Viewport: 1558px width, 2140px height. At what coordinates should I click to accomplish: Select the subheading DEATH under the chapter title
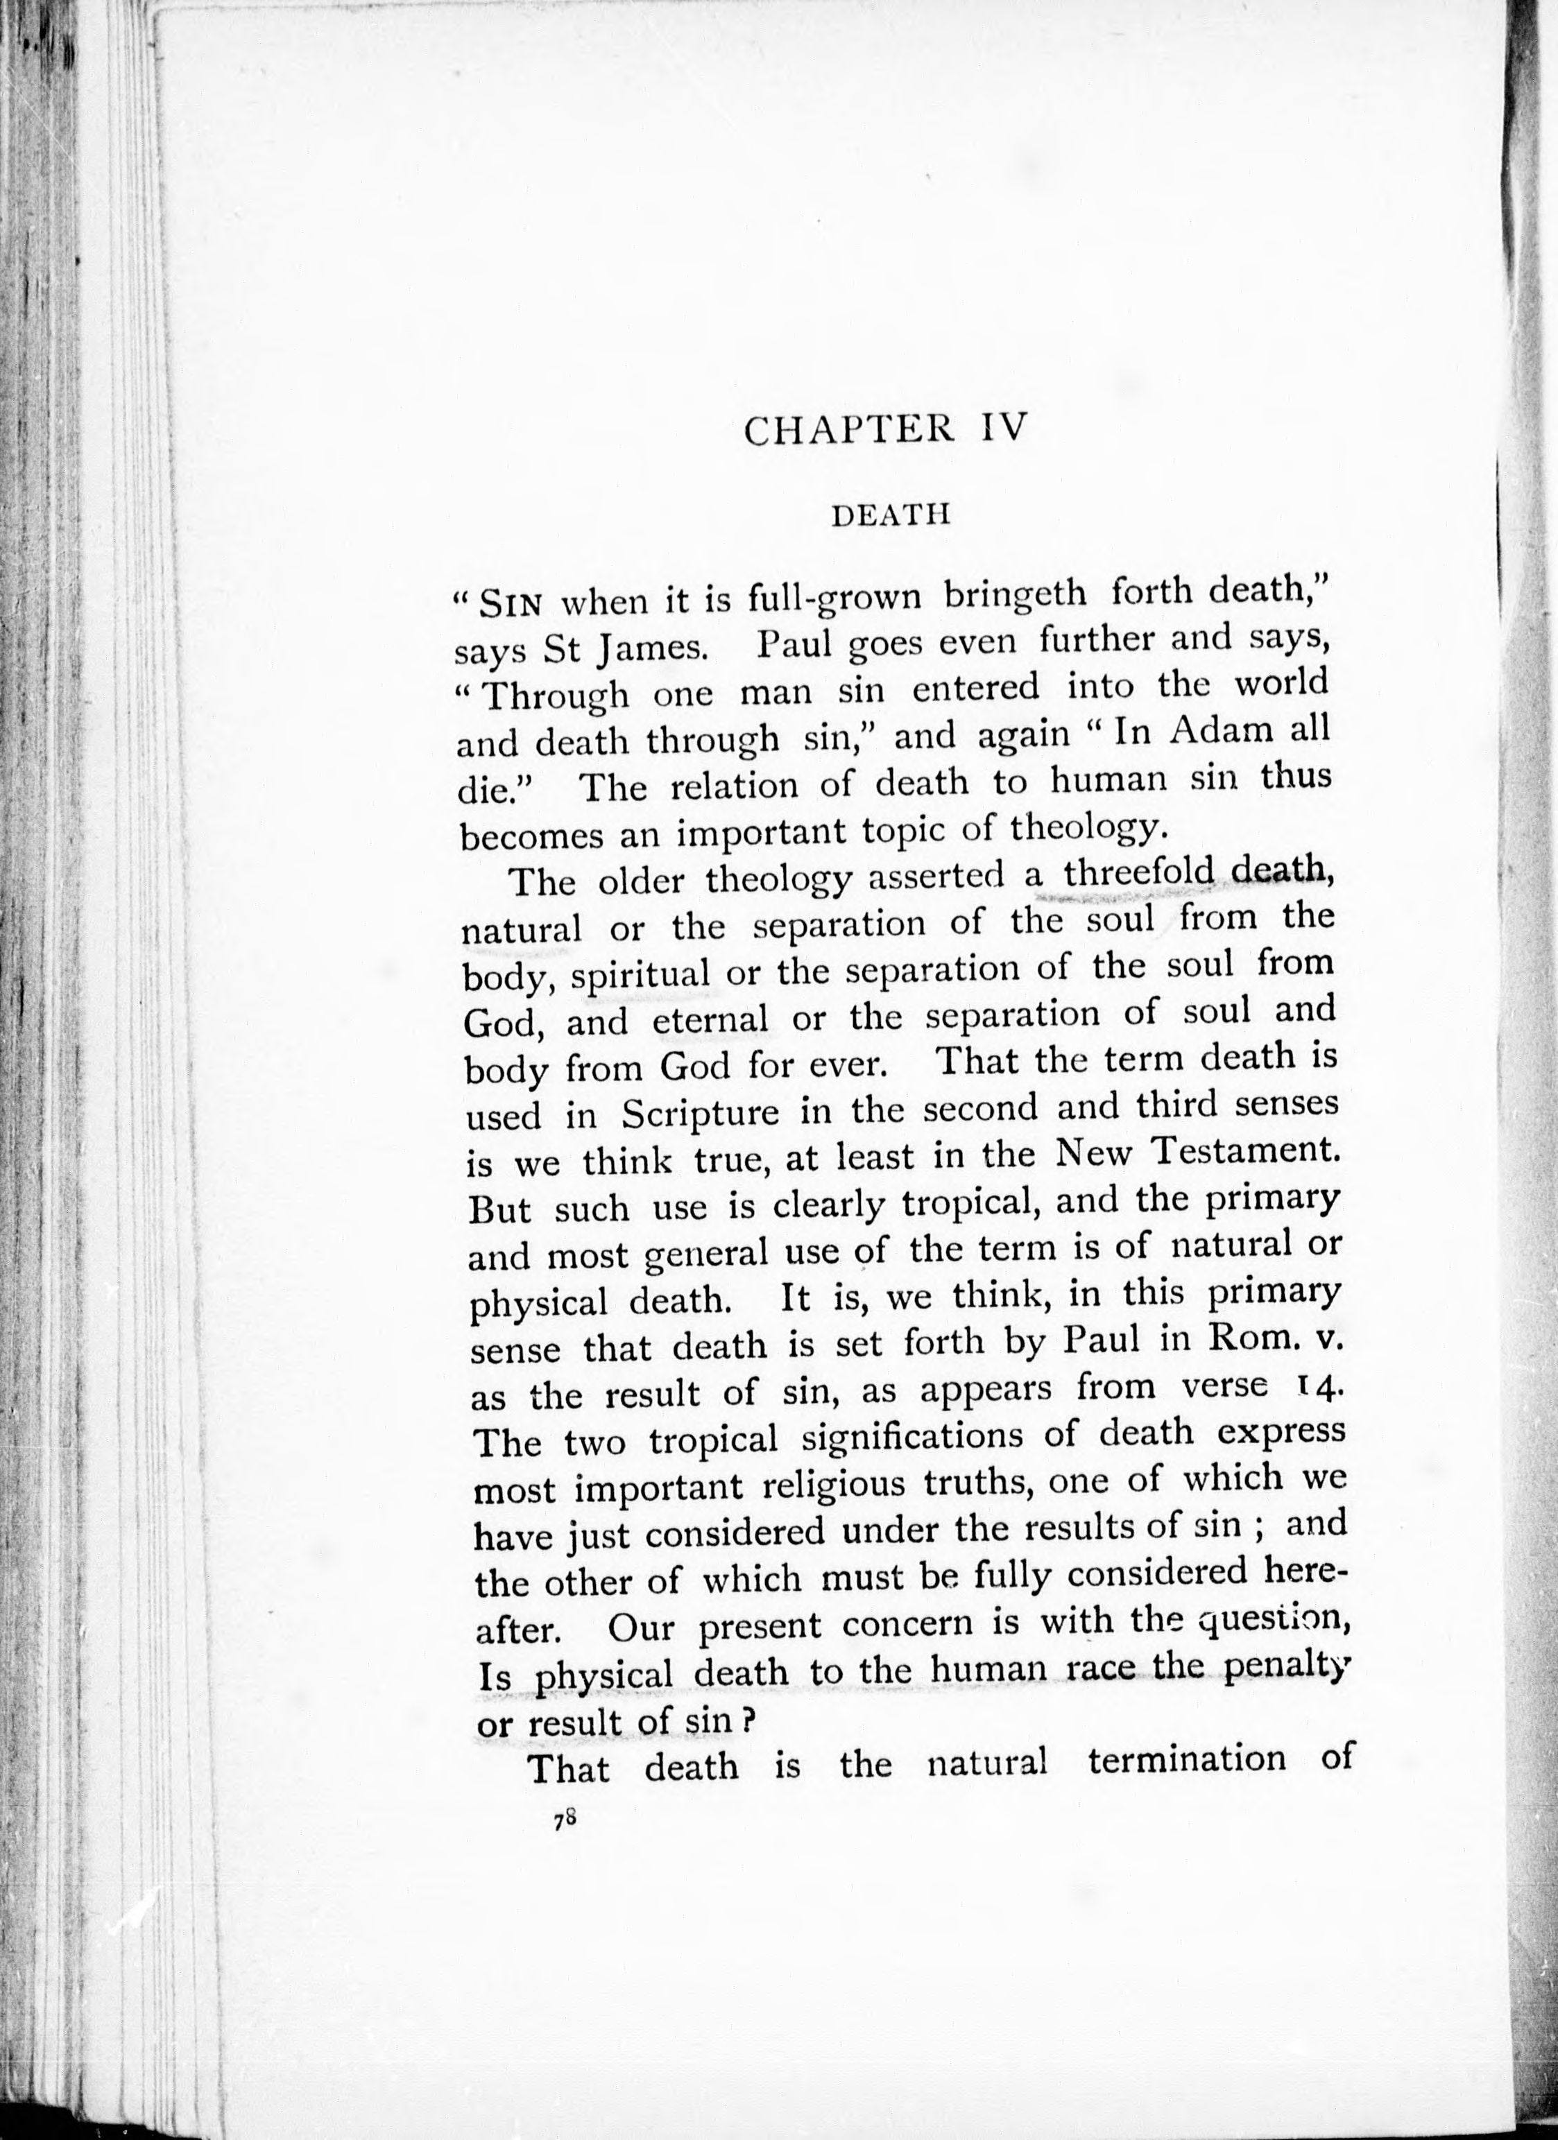pyautogui.click(x=888, y=515)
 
